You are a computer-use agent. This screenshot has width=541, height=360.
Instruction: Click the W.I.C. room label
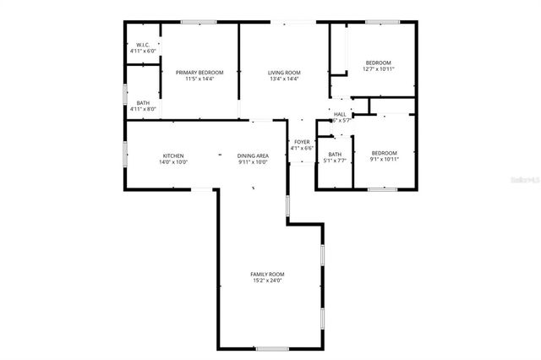pos(143,45)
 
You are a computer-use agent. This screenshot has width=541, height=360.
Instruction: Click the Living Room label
pos(284,73)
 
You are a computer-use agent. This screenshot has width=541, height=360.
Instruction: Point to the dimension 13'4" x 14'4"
pos(284,79)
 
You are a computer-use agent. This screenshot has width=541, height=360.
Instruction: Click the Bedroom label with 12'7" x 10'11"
pos(378,63)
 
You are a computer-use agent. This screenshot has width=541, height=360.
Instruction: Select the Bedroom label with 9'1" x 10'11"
pos(384,153)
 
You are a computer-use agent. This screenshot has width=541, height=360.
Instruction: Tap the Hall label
pos(340,114)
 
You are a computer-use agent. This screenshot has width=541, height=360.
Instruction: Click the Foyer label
pos(302,142)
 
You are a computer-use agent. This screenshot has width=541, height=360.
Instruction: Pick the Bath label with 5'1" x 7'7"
pos(335,155)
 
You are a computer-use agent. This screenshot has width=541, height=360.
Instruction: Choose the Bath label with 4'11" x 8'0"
pos(143,103)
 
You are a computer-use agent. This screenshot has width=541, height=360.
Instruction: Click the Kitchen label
pos(173,155)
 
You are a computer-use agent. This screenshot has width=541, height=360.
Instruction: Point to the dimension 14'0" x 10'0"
pos(173,162)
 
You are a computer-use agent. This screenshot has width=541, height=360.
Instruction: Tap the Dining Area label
pos(253,155)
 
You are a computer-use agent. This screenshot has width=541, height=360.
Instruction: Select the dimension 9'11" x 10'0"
pos(253,162)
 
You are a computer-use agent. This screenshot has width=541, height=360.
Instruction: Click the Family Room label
pos(267,274)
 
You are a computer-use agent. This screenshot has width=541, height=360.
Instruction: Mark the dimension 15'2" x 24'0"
pos(267,281)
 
